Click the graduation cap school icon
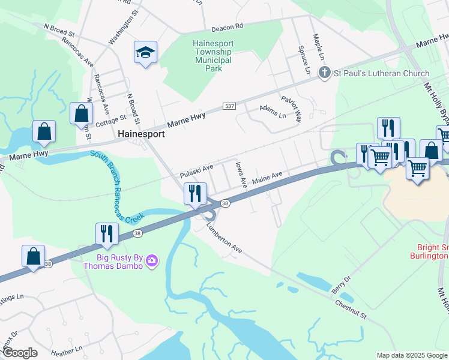(x=146, y=53)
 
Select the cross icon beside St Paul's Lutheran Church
(x=324, y=73)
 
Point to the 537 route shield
(x=228, y=106)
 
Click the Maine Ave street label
(x=267, y=178)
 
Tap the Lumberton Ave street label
(x=223, y=238)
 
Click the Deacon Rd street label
(x=226, y=27)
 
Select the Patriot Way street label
(x=290, y=107)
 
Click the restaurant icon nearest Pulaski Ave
(x=195, y=194)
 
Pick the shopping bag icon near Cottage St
(x=81, y=113)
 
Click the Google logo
(x=19, y=353)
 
